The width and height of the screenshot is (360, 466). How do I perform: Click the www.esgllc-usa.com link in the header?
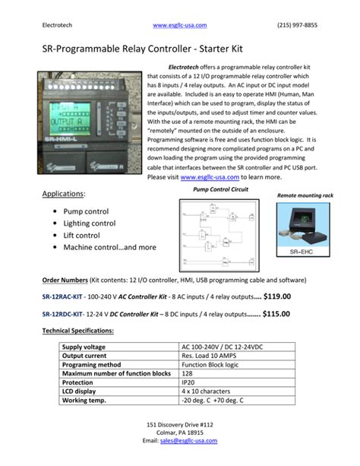179,25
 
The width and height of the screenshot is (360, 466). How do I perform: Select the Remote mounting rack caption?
305,195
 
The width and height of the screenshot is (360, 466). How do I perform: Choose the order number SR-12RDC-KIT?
62,314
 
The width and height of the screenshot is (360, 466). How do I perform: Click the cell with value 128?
188,373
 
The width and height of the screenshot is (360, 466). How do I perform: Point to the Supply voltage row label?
87,347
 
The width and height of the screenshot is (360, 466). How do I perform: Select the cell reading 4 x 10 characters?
209,391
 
